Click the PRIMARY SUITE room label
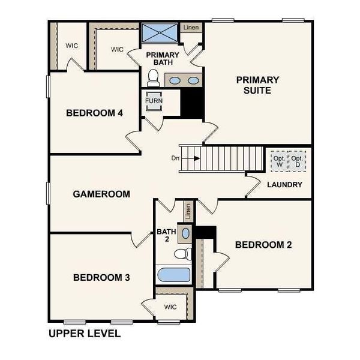257,85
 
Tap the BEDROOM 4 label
95,113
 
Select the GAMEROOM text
101,194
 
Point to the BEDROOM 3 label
101,277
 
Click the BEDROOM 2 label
263,244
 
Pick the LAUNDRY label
284,185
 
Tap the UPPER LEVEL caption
84,333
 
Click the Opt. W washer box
279,161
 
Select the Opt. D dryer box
296,161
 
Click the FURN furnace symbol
154,101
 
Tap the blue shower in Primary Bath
160,32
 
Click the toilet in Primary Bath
153,77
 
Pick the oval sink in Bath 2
185,233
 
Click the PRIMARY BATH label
159,58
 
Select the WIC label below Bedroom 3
170,307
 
